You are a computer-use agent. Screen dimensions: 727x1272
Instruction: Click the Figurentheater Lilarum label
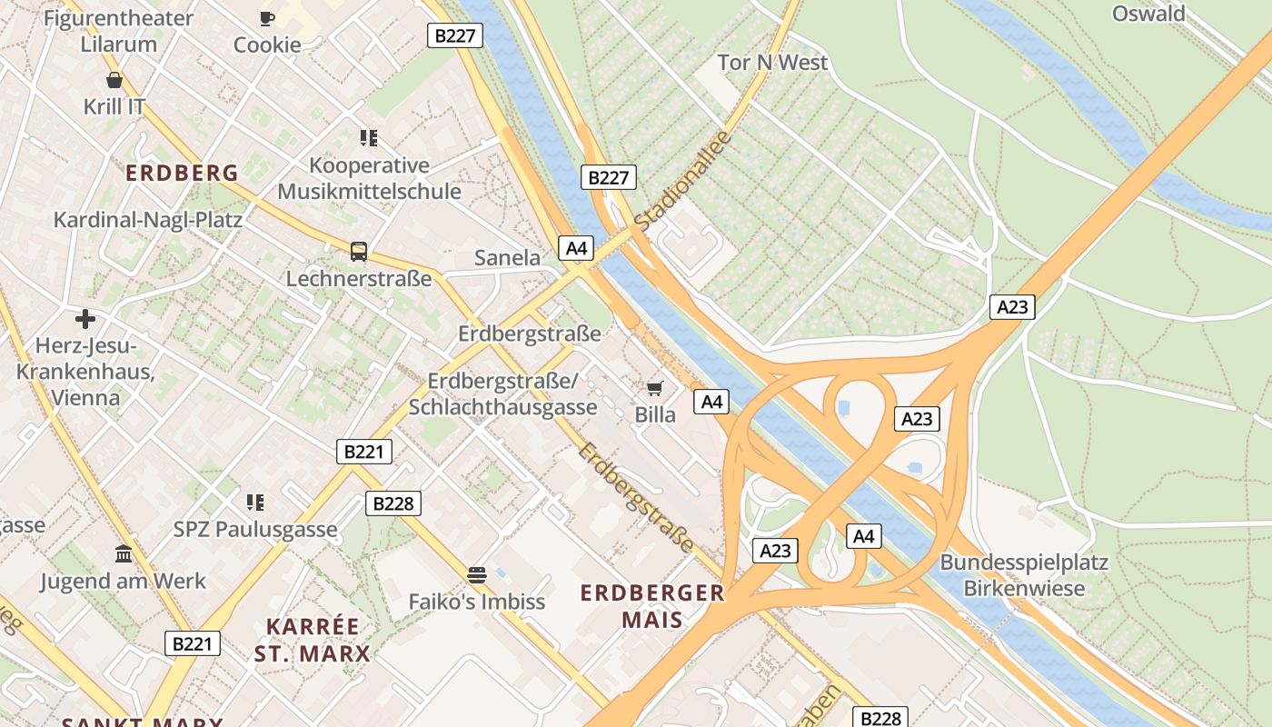coord(118,31)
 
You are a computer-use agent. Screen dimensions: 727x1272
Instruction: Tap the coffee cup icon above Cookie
coord(266,18)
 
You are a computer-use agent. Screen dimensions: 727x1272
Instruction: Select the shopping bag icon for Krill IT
coord(114,80)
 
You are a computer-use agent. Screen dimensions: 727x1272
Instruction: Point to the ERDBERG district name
coord(182,173)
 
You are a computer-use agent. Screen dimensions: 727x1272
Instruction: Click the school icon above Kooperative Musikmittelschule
coord(368,138)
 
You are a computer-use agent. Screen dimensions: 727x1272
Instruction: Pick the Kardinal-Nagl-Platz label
coord(147,220)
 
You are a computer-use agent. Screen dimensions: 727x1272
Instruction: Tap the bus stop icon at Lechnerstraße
coord(359,252)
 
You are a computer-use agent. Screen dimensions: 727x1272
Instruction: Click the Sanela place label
coord(507,258)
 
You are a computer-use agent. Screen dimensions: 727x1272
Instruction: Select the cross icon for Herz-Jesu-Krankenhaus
coord(85,319)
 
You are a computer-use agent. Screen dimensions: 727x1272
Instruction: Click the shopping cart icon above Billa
coord(654,389)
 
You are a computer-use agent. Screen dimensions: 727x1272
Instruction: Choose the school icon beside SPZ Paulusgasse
coord(254,503)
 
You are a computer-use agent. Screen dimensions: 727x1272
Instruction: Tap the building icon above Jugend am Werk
coord(123,554)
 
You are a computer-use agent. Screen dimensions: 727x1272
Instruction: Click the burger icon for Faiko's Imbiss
coord(477,574)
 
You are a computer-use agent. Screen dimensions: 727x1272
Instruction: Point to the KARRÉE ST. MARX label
coord(313,640)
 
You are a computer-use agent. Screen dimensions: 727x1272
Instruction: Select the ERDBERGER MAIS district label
coord(652,606)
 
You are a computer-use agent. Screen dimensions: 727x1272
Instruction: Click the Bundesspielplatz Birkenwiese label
coord(1024,575)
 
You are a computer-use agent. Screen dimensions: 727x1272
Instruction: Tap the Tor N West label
coord(772,63)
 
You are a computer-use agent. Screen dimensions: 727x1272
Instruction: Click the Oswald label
coord(1148,14)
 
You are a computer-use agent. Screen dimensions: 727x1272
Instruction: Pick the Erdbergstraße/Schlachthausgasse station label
coord(502,393)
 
